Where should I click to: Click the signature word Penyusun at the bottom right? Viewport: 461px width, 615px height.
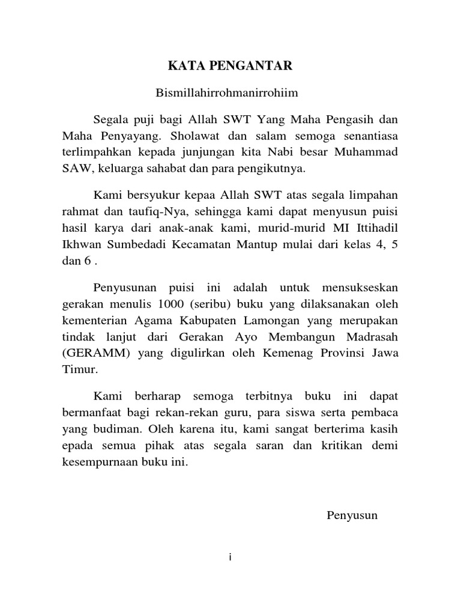point(352,515)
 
